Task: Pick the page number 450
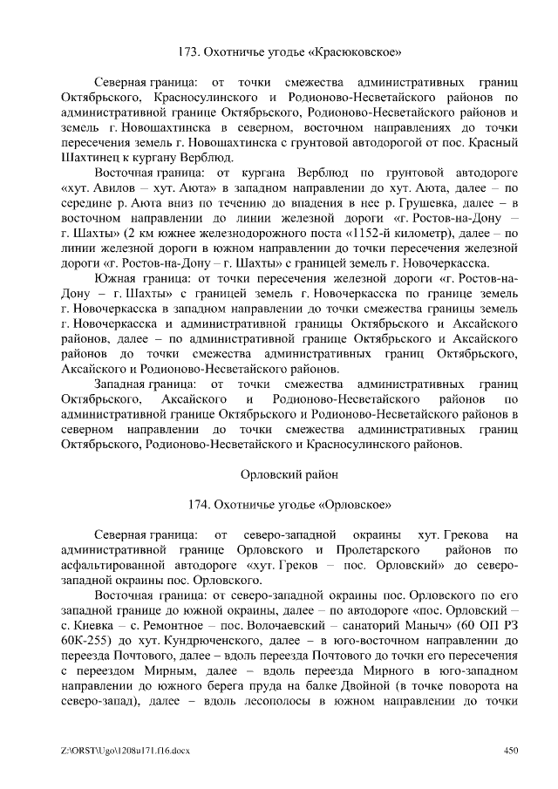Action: click(x=512, y=752)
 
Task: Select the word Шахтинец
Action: click(x=95, y=158)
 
